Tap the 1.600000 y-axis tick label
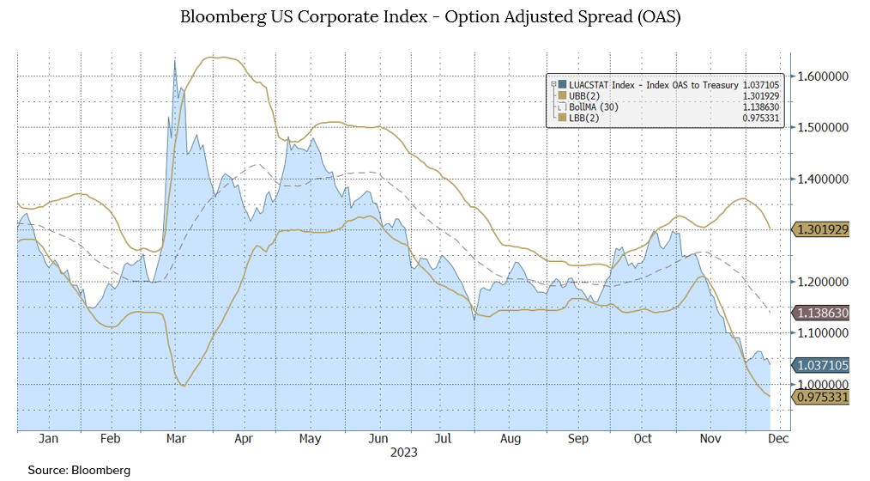pos(823,76)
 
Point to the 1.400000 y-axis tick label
pos(823,180)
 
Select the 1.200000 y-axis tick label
pos(823,282)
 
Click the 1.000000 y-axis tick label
pos(823,384)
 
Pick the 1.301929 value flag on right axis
pos(823,230)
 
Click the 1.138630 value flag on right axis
pos(823,314)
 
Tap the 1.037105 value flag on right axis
pos(823,365)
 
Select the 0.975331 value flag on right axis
pos(823,397)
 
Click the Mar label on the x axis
pos(176,438)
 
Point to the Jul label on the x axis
pos(442,438)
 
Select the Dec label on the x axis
pos(776,438)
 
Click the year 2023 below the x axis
pos(403,451)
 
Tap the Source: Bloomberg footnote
pos(79,470)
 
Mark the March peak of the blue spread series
pos(175,59)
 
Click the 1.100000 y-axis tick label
pos(823,333)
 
